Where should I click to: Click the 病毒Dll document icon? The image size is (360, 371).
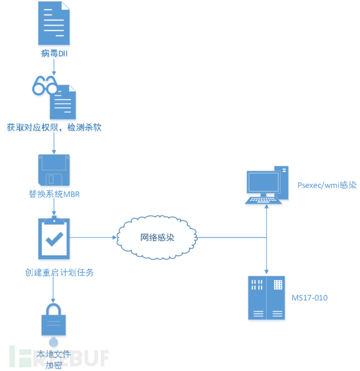point(54,23)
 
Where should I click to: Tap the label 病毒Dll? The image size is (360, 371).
point(55,53)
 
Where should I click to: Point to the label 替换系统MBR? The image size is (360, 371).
point(54,195)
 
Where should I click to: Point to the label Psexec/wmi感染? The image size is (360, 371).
point(327,185)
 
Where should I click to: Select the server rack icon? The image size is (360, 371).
point(266,297)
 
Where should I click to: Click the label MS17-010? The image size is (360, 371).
point(310,297)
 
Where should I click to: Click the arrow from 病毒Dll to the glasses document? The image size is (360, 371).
point(54,67)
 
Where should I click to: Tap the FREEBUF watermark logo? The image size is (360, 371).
point(57,358)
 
